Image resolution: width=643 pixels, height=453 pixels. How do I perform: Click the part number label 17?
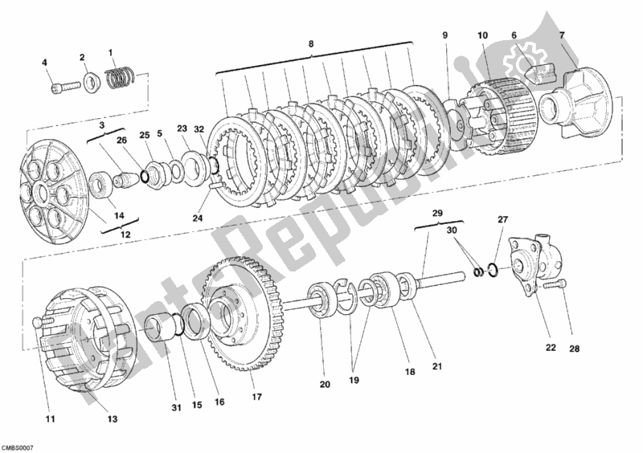256,396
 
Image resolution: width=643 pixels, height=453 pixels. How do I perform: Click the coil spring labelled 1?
119,77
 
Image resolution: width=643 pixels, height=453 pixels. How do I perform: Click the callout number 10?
482,35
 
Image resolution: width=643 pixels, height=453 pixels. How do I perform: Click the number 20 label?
324,385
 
